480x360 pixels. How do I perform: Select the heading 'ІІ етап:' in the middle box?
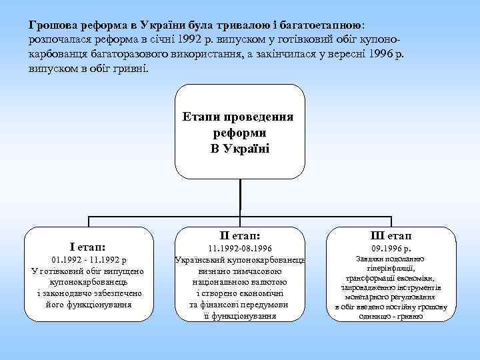coord(239,235)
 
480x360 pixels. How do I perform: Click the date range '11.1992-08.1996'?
coord(239,248)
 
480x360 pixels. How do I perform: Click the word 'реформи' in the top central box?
coord(239,133)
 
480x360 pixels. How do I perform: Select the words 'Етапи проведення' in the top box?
coord(239,117)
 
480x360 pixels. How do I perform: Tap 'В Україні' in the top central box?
coord(239,147)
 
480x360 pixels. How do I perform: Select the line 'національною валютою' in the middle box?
coord(239,283)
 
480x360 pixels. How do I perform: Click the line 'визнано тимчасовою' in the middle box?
coord(239,271)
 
